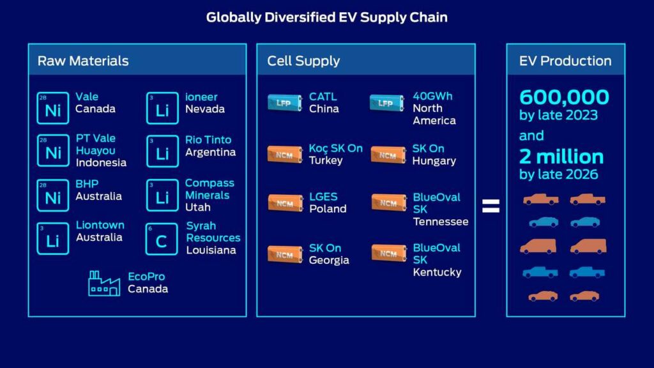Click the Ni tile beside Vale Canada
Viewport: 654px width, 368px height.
point(52,108)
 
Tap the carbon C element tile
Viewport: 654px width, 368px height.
point(162,239)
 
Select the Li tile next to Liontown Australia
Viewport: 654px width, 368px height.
point(52,239)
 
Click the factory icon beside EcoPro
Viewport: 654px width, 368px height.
point(104,283)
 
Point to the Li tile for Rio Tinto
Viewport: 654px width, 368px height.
point(162,151)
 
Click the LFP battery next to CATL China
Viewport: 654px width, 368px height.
point(285,103)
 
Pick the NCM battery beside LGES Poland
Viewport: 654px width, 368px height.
point(285,203)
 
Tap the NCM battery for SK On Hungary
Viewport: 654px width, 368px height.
point(388,155)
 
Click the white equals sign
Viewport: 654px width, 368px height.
point(490,206)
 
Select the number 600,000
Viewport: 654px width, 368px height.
point(564,97)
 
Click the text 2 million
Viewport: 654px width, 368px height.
point(561,157)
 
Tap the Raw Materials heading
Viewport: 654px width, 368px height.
point(83,61)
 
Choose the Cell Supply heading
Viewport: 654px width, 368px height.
point(303,61)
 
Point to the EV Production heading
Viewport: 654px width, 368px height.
point(565,61)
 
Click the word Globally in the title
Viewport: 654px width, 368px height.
point(234,17)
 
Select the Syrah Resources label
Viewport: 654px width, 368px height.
point(213,231)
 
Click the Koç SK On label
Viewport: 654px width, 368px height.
point(336,148)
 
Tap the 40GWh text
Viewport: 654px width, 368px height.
point(432,96)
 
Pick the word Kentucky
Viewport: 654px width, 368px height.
point(437,272)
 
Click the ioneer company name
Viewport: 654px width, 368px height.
point(201,97)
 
